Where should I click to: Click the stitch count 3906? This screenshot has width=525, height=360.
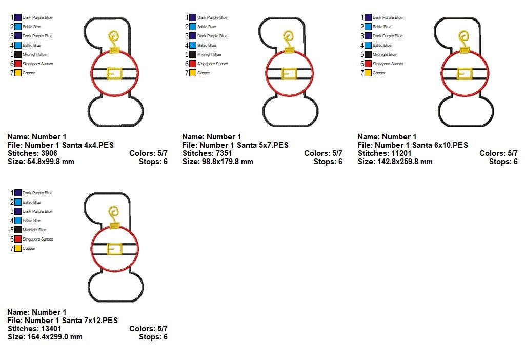coord(49,153)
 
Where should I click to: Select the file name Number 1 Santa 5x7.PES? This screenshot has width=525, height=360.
coord(244,145)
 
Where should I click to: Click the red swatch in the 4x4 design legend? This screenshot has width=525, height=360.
coord(18,64)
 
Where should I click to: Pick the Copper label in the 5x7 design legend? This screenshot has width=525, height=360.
coord(204,73)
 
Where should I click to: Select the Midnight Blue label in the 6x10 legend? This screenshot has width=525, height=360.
coord(385,54)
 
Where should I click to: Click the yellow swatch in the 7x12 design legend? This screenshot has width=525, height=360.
coord(18,248)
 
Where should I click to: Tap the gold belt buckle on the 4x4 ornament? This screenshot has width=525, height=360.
coord(114,73)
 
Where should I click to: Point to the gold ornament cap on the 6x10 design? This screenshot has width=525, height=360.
coord(465,51)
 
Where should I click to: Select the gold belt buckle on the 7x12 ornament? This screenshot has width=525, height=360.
coord(114,249)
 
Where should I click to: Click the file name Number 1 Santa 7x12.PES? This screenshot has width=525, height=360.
coord(71,321)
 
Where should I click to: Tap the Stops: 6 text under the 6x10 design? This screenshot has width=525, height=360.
coord(503,162)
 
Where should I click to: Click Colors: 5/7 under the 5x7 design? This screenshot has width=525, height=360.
coord(323,153)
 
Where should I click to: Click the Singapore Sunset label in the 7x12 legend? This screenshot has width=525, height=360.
coord(37,239)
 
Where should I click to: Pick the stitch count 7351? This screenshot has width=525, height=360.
coord(224,153)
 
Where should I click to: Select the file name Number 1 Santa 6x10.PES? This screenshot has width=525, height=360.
coord(421,145)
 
